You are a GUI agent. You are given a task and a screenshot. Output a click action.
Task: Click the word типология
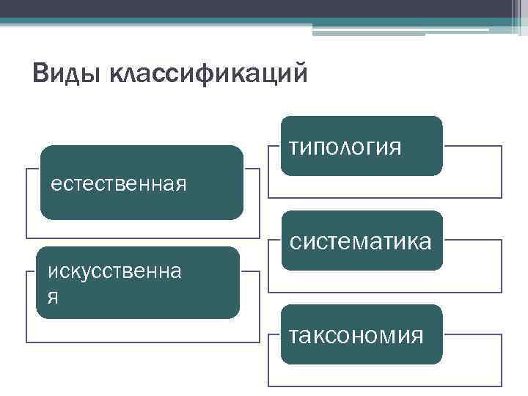click(x=345, y=148)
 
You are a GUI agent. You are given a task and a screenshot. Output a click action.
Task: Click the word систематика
click(x=360, y=241)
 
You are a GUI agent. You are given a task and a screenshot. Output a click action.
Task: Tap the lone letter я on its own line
click(x=53, y=298)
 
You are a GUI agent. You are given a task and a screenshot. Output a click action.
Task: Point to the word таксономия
click(x=356, y=336)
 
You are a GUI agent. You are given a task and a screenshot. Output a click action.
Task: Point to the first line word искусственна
click(x=115, y=271)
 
